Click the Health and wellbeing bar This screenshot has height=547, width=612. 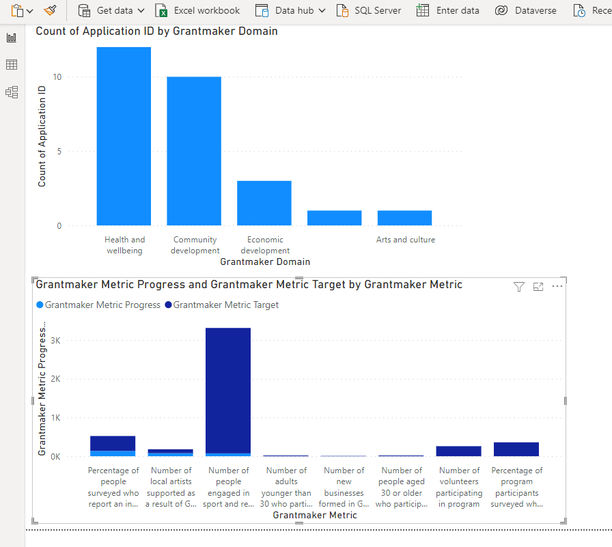click(124, 136)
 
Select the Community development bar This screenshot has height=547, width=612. click(194, 151)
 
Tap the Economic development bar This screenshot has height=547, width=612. click(264, 203)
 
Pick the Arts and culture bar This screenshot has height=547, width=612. click(404, 218)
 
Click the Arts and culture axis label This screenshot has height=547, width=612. click(405, 240)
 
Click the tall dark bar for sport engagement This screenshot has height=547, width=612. click(228, 389)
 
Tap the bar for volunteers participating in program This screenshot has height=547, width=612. click(458, 451)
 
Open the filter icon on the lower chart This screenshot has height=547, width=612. click(519, 287)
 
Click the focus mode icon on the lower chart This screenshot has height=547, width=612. click(538, 287)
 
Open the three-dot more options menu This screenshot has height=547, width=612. click(557, 287)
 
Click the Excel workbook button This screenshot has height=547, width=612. click(198, 10)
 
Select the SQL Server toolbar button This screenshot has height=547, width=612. click(370, 10)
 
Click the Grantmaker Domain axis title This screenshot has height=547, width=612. click(265, 262)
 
